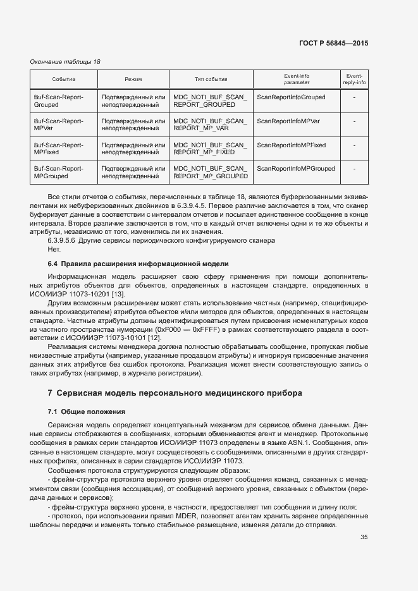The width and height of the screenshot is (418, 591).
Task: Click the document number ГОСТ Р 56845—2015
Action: click(x=333, y=44)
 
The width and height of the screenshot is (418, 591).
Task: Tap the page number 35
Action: click(x=364, y=537)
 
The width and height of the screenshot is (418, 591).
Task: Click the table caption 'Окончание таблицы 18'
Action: click(x=65, y=62)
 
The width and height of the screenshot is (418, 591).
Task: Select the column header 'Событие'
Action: click(x=63, y=79)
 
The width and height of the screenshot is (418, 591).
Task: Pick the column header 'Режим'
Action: click(x=133, y=79)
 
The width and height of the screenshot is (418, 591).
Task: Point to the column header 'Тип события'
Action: click(x=211, y=79)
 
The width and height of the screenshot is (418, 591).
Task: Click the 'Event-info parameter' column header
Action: click(x=297, y=79)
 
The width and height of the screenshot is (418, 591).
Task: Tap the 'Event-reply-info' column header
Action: click(x=354, y=79)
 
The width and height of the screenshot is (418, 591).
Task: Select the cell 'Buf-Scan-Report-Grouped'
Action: click(x=58, y=101)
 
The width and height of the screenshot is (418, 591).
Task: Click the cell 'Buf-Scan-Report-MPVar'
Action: click(x=58, y=125)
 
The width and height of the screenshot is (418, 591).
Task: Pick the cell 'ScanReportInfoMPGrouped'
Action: click(x=296, y=169)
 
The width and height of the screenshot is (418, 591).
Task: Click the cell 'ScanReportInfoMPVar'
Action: click(x=288, y=121)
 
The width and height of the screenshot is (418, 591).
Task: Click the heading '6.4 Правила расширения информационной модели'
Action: click(x=138, y=263)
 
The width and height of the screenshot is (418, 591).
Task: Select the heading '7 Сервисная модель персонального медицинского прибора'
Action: click(x=175, y=393)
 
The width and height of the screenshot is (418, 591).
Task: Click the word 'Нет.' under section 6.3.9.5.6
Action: click(x=54, y=249)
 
